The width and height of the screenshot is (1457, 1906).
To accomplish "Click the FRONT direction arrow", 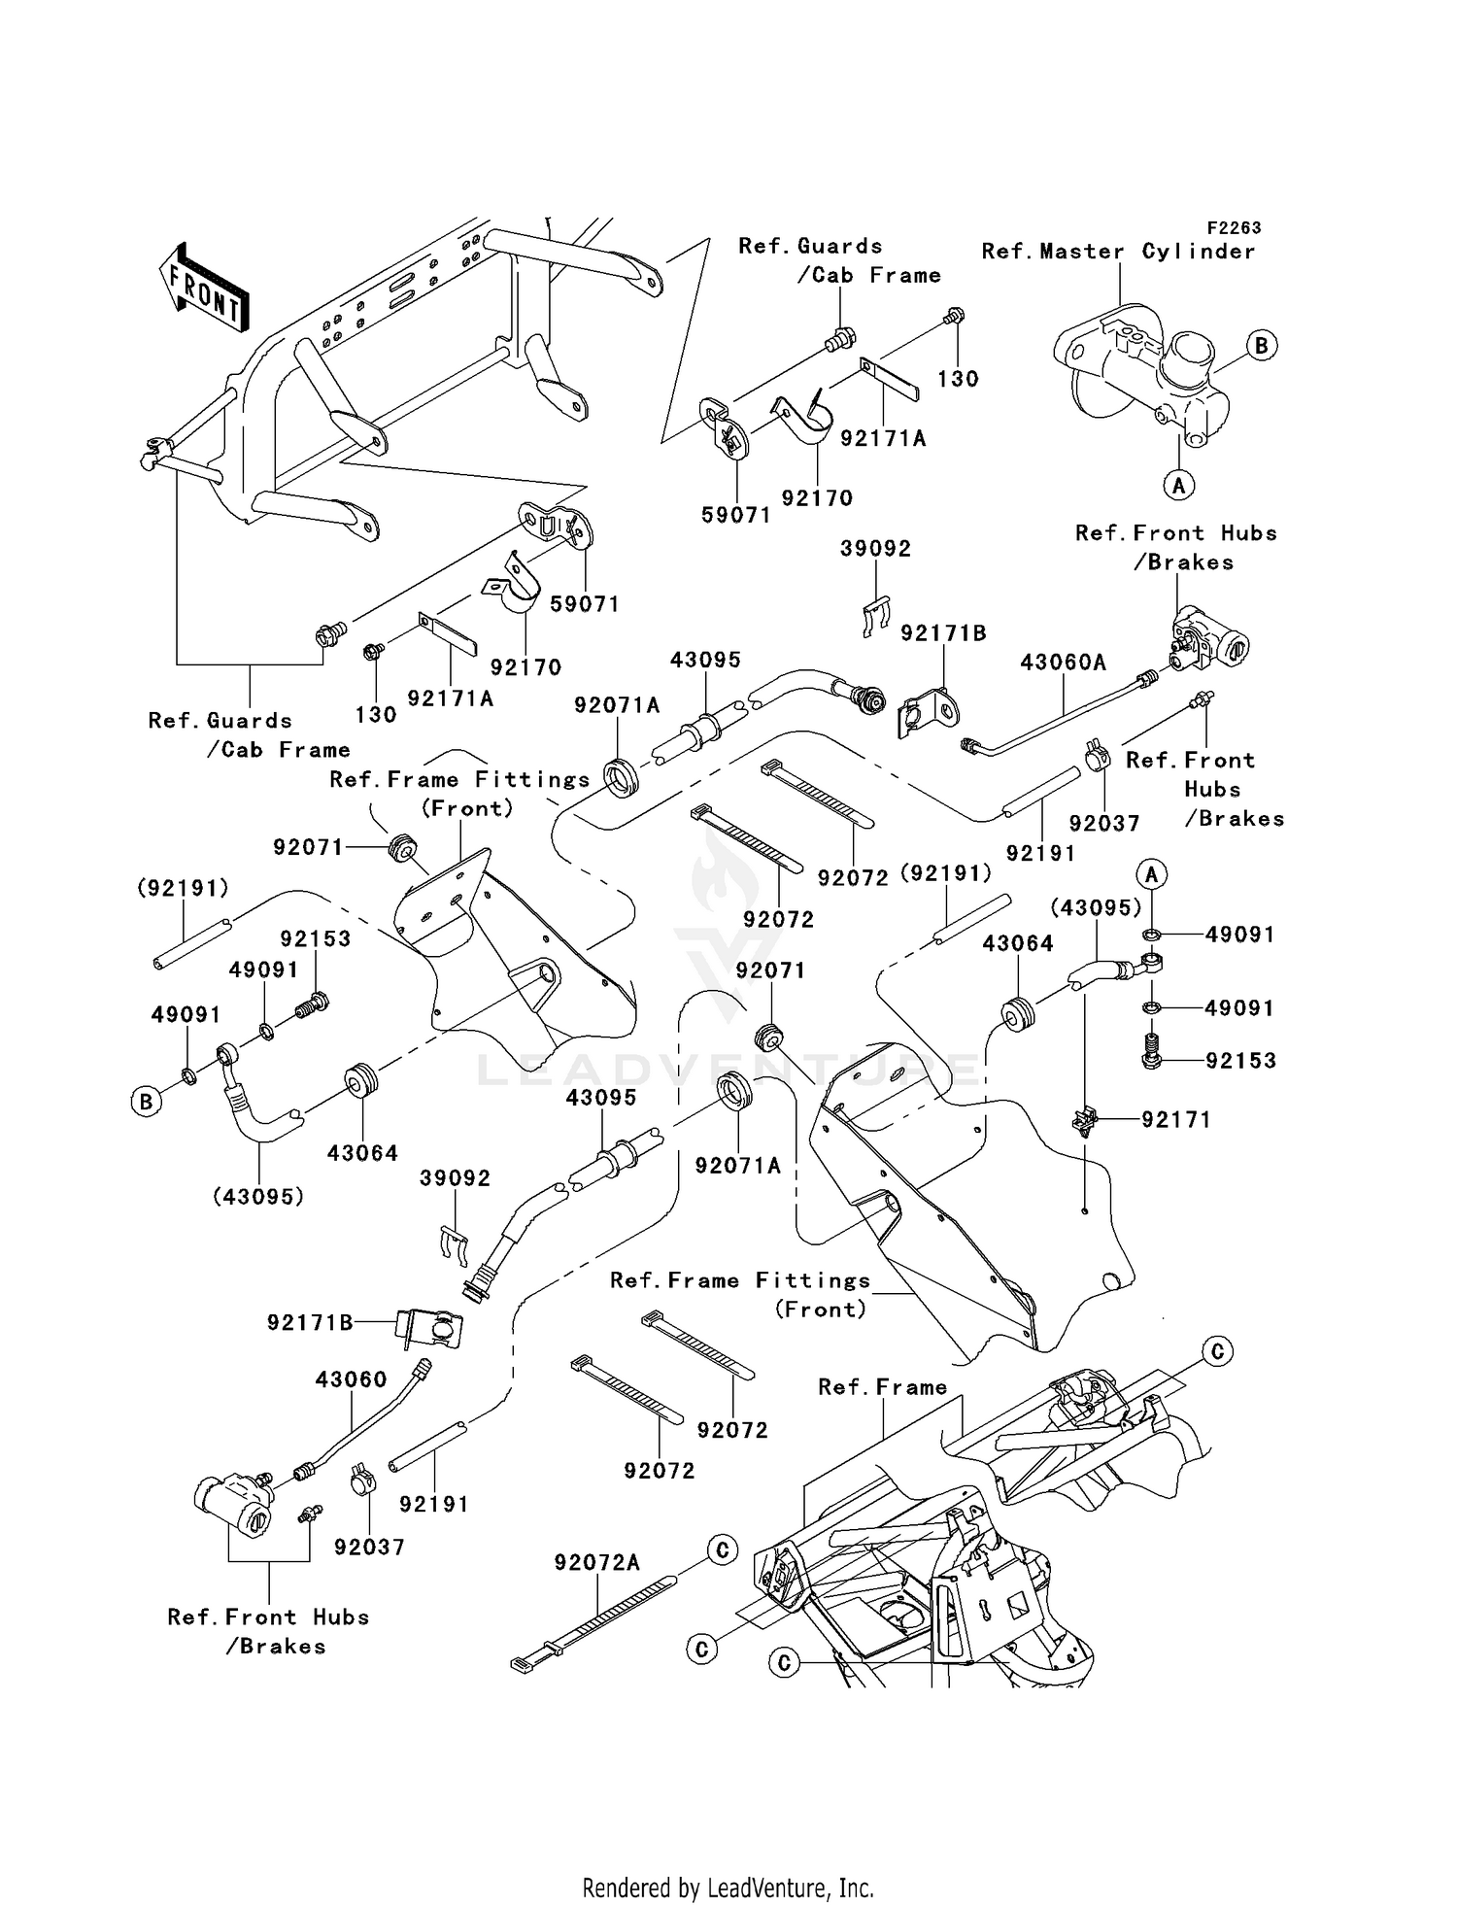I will point(204,288).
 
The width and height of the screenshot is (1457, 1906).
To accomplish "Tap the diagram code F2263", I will point(1234,227).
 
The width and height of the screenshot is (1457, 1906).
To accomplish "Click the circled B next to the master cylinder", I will point(1261,345).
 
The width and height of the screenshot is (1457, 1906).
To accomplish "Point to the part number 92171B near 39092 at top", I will point(942,633).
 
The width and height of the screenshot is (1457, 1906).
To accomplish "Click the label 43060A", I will point(1063,663).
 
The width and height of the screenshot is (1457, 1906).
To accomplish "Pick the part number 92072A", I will point(596,1562).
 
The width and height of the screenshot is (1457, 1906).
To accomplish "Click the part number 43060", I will point(351,1379).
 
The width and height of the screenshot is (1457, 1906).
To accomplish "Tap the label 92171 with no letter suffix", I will point(1175,1120).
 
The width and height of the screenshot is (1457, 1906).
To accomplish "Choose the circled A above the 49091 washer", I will point(1152,874).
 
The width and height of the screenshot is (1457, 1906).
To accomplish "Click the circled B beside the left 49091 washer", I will point(146,1102).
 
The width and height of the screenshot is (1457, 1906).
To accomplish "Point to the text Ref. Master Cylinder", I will point(1118,252).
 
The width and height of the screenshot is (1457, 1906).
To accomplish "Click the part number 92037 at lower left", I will point(369,1547).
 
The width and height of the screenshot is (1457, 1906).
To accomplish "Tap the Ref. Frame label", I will point(882,1387).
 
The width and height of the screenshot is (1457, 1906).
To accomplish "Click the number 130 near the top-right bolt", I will point(958,379).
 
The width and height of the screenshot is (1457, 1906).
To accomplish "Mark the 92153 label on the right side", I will point(1240,1061).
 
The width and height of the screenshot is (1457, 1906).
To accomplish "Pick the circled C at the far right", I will point(1216,1351).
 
